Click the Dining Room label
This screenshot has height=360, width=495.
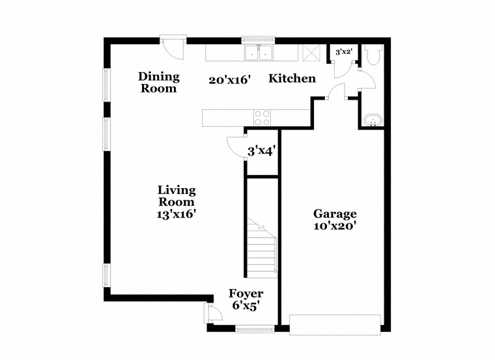(x=159, y=82)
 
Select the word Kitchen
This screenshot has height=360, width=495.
(x=292, y=78)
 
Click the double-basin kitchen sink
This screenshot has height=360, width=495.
(x=259, y=53)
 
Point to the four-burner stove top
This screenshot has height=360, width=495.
(x=262, y=118)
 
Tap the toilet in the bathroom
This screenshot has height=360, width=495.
(x=373, y=55)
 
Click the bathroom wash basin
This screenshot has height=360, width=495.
(x=373, y=120)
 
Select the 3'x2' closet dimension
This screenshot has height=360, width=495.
(x=343, y=51)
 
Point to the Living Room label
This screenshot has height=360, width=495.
(x=177, y=196)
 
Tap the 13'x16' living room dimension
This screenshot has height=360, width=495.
(x=177, y=214)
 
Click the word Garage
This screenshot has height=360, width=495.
(x=335, y=214)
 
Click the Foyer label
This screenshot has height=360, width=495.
(x=246, y=294)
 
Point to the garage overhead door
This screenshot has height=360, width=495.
(x=335, y=324)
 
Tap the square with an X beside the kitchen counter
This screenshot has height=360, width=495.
(x=311, y=53)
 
